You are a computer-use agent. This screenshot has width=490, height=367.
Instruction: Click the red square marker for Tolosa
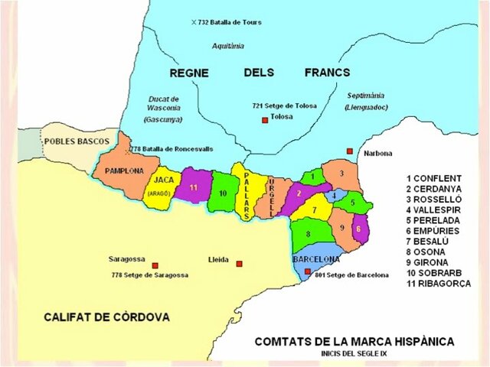[265, 120]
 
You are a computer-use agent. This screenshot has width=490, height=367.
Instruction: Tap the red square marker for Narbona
[350, 151]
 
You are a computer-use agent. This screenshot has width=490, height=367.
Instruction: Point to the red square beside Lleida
[239, 264]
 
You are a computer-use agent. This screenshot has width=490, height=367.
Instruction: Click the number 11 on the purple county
[194, 187]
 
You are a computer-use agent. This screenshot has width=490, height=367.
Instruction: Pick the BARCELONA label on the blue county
[315, 259]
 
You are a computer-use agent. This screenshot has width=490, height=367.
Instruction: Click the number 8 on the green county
[308, 233]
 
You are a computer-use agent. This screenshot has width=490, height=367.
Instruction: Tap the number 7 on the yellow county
[315, 208]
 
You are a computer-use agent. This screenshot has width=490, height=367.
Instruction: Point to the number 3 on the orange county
[341, 174]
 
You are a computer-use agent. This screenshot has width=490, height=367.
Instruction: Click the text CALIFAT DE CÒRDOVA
[106, 316]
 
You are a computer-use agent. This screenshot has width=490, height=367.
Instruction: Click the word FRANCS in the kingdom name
[327, 73]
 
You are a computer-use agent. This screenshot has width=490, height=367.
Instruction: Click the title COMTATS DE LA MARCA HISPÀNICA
[354, 340]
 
